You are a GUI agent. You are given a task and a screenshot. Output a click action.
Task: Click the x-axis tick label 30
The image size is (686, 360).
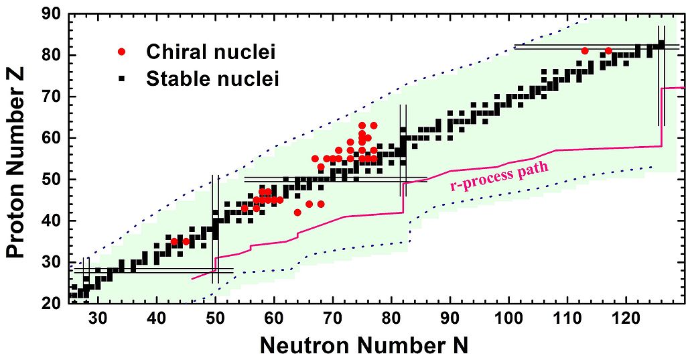coord(98,318)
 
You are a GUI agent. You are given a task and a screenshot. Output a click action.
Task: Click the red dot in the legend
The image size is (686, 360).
coord(121,52)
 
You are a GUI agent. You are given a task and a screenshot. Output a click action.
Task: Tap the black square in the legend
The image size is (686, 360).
coord(121,79)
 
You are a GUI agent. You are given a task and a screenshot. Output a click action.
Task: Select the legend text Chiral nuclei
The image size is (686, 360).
coord(211,52)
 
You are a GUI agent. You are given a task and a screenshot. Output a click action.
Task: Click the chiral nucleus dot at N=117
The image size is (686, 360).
coord(608,51)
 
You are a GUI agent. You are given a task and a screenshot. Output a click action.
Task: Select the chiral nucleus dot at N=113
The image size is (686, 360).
coord(585,51)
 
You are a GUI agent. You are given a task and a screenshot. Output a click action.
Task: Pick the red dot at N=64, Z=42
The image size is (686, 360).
coord(297,213)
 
